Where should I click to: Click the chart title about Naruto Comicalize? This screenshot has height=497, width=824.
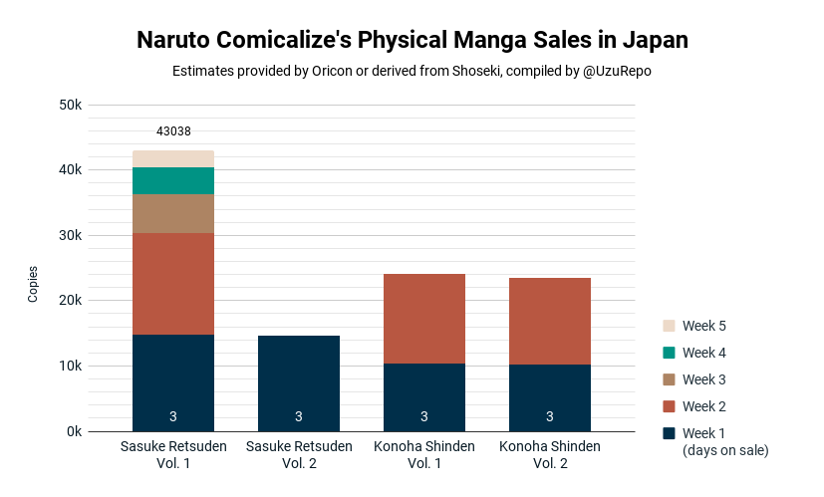click(x=412, y=40)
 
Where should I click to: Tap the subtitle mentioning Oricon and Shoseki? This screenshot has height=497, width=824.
click(x=412, y=71)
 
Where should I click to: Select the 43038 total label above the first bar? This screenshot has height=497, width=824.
click(x=173, y=131)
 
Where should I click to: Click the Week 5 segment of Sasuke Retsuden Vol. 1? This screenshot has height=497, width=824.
click(x=173, y=159)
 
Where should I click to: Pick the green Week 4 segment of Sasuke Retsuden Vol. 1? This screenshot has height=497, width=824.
click(x=173, y=180)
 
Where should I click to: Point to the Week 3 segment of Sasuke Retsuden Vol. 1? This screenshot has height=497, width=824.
click(x=173, y=214)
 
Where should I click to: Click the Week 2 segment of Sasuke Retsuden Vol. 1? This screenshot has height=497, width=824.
click(x=173, y=284)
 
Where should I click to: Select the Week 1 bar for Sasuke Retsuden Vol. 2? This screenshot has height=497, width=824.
click(x=299, y=383)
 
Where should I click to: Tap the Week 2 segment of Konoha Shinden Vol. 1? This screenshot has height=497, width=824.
click(x=424, y=319)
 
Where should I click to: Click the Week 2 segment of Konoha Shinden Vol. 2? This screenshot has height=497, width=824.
click(x=550, y=321)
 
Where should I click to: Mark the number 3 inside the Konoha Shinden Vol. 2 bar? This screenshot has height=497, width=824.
click(x=550, y=416)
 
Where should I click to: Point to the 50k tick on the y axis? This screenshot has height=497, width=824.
click(x=71, y=105)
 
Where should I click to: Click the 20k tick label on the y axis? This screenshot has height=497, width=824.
click(x=71, y=301)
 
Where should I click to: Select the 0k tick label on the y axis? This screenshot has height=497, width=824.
click(x=74, y=432)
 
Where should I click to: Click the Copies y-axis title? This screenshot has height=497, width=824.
click(x=33, y=284)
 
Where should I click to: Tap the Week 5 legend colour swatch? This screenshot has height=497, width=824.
click(x=669, y=326)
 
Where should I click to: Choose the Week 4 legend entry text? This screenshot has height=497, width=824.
click(x=704, y=353)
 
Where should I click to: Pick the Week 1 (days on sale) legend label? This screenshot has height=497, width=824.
click(x=725, y=442)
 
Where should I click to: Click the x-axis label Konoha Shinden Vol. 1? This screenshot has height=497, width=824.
click(x=424, y=455)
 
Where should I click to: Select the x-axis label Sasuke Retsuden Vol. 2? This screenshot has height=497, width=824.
click(x=299, y=455)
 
